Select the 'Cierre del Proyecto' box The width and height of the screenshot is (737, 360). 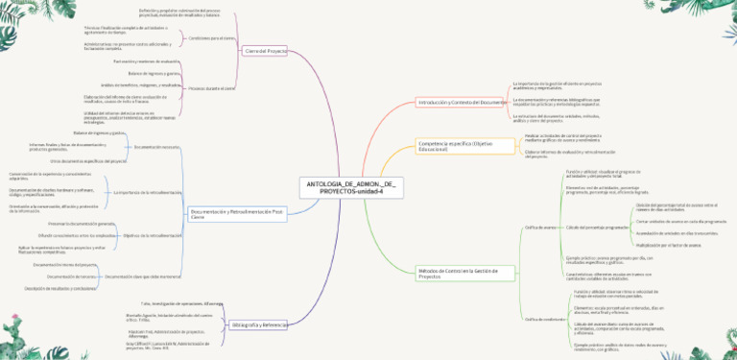point(266,51)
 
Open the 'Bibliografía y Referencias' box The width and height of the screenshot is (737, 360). point(259,324)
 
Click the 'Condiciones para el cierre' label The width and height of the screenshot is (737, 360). point(212,38)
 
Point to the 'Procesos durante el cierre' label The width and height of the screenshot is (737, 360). point(212,87)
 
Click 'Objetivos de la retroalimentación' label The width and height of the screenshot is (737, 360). point(154,235)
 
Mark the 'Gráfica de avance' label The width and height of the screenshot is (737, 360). point(540,227)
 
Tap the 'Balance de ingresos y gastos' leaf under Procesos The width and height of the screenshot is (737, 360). point(154,73)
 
